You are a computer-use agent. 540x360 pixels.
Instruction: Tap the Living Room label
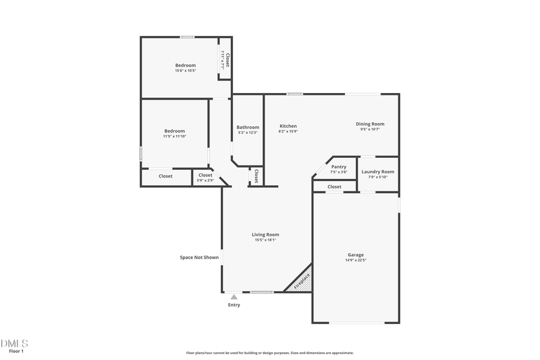click(265, 235)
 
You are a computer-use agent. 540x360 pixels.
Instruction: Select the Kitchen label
click(288, 126)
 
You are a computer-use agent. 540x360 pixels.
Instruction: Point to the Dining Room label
click(370, 124)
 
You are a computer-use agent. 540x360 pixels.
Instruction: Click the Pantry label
click(338, 167)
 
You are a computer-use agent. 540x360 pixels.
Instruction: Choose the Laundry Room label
click(378, 172)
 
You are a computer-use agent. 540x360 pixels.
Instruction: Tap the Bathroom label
click(247, 127)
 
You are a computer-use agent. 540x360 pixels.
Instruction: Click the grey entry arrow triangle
click(234, 296)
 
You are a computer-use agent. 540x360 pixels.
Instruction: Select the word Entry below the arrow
click(234, 305)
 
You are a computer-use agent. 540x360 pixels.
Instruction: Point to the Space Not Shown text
click(199, 257)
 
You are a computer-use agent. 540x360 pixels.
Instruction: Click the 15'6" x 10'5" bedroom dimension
click(185, 71)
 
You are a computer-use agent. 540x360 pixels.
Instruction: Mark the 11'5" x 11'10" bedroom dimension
click(175, 136)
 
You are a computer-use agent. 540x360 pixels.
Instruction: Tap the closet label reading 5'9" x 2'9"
click(205, 180)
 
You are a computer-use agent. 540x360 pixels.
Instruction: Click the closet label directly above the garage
click(334, 187)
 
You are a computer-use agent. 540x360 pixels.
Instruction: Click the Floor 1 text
click(16, 351)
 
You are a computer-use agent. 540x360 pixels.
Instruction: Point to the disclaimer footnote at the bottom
click(269, 353)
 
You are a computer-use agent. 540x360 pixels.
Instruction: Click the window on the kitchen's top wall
click(294, 94)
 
